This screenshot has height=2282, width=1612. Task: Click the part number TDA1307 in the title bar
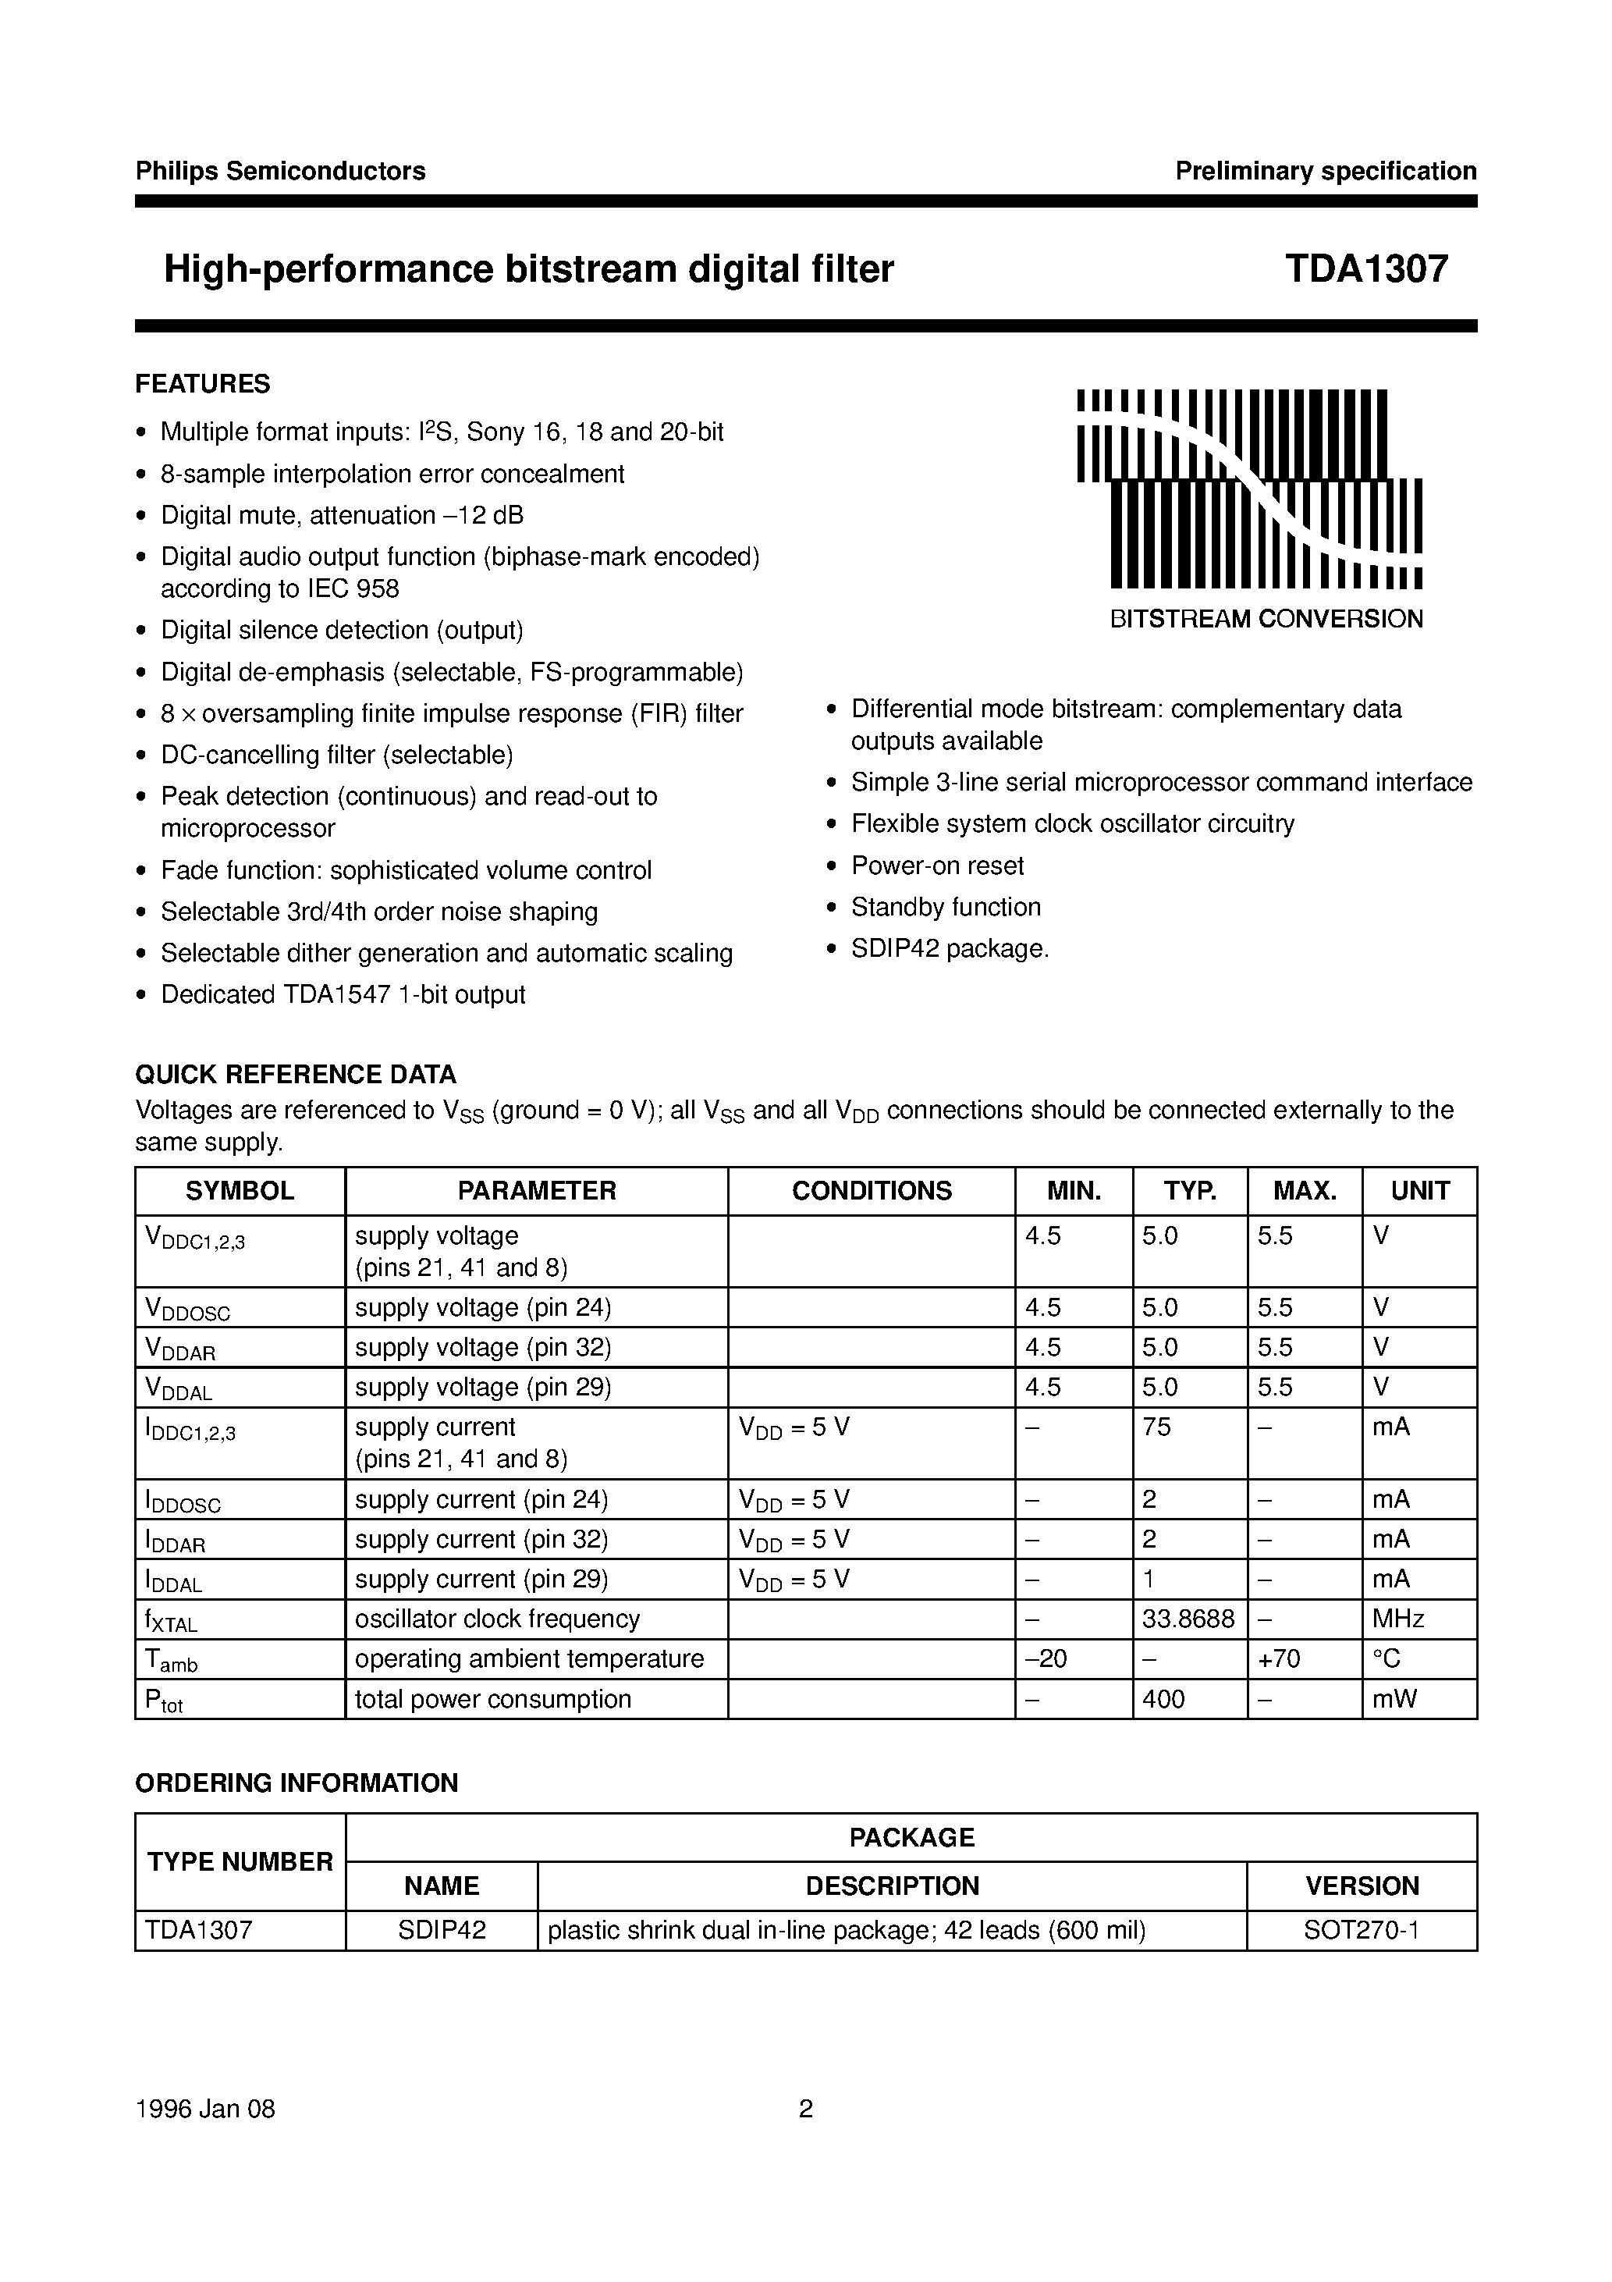1365,269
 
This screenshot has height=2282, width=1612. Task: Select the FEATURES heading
203,384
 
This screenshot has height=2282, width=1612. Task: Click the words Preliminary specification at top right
1325,171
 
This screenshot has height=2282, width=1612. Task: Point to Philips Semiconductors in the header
280,171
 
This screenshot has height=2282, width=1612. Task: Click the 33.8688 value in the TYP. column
1188,1619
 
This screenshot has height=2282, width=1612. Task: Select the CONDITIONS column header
871,1191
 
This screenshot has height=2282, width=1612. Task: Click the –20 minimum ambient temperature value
1046,1659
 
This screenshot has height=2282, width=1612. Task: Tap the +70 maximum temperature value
1279,1659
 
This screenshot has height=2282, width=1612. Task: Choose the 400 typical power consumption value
1163,1700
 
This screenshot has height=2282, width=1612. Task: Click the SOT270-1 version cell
1362,1931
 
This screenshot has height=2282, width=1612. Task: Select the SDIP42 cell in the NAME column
442,1931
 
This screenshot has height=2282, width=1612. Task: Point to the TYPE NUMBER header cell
240,1861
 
